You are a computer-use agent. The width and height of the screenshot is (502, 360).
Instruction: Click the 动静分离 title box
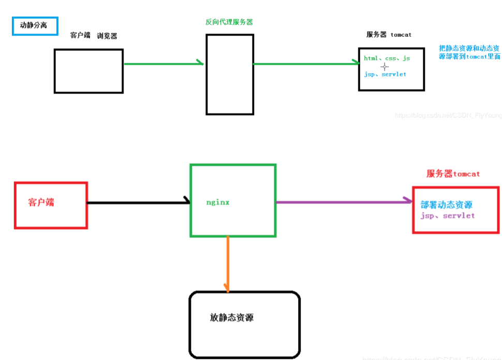[x=35, y=25]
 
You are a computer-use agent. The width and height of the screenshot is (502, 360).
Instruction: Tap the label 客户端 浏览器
[x=94, y=36]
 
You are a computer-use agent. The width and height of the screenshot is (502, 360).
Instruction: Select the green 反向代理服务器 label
[x=229, y=22]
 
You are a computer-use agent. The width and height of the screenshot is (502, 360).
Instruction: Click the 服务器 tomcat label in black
[x=389, y=35]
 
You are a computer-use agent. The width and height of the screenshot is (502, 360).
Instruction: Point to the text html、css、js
[x=387, y=59]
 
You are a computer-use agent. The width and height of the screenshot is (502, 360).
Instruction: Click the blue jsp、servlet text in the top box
[x=385, y=75]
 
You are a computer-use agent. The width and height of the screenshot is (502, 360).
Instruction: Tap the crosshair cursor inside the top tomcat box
[x=385, y=67]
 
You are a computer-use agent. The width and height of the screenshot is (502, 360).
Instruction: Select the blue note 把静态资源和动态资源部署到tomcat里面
[x=469, y=52]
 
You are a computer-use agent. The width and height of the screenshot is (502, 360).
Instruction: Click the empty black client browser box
[x=88, y=71]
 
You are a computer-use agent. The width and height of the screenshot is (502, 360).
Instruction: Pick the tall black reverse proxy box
[x=230, y=74]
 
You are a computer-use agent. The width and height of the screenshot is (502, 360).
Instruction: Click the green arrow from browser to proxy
[x=164, y=63]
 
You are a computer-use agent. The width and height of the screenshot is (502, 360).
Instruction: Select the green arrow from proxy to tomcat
[x=306, y=63]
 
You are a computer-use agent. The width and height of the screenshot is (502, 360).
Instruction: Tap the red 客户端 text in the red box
[x=41, y=203]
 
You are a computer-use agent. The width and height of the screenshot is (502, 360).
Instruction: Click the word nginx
[x=217, y=203]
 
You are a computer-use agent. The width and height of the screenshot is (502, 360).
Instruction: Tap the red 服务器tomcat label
[x=453, y=174]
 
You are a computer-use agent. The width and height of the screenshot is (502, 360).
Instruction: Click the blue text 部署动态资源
[x=447, y=205]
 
